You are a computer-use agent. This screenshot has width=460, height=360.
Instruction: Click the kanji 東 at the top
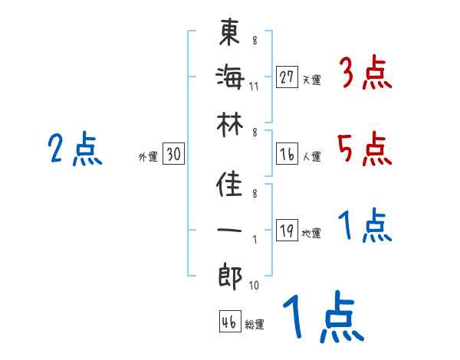[230, 31]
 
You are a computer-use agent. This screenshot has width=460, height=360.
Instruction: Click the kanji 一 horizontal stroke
[230, 231]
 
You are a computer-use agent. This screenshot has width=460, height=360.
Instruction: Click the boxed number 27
[287, 77]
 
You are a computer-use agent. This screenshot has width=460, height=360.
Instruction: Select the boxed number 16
[287, 154]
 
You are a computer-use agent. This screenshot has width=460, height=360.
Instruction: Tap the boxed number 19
[287, 231]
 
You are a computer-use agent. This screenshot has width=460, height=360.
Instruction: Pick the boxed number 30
[173, 154]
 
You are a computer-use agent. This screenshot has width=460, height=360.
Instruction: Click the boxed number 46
[228, 322]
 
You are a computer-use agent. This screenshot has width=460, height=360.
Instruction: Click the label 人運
[312, 157]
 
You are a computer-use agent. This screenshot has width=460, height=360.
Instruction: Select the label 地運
[312, 234]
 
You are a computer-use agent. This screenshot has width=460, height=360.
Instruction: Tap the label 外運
[148, 157]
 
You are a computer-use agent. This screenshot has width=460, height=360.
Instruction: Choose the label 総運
[255, 325]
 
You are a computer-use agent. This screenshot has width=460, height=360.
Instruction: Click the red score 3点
[365, 74]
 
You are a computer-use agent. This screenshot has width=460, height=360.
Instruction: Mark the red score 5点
[365, 149]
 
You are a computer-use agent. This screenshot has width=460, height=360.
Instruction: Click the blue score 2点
[75, 149]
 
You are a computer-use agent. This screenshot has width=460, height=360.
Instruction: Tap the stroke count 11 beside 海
[254, 85]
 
